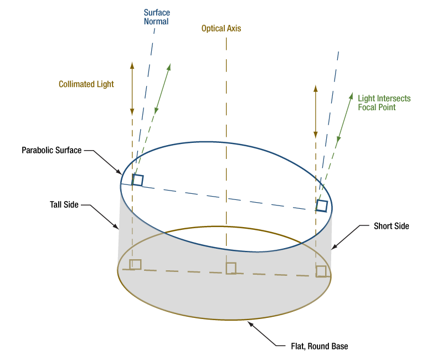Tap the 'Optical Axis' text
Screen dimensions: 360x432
[221, 28]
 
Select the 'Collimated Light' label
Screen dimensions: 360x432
[86, 84]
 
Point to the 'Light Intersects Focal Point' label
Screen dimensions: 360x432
[384, 102]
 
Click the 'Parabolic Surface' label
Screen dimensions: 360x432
[52, 150]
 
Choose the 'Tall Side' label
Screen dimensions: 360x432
[64, 204]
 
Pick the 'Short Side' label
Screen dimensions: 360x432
[391, 226]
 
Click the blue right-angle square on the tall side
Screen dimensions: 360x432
[138, 180]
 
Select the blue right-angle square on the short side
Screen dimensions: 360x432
[322, 206]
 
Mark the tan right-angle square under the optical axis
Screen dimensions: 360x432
[231, 268]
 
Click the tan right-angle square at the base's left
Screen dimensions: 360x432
[135, 264]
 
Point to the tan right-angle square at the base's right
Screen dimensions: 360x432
[321, 271]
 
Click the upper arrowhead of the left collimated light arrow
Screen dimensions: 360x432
[132, 65]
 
